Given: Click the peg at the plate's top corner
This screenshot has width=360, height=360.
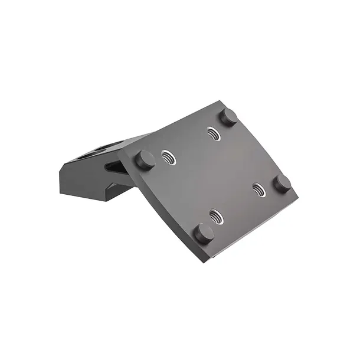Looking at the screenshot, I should pyautogui.click(x=228, y=116).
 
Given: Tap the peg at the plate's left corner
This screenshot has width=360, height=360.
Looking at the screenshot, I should pyautogui.click(x=145, y=160).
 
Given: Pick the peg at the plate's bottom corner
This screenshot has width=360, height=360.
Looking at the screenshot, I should pyautogui.click(x=204, y=233).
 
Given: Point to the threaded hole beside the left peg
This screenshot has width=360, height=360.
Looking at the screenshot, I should pyautogui.click(x=169, y=158).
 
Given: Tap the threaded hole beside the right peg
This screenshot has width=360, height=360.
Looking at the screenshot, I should pyautogui.click(x=258, y=189).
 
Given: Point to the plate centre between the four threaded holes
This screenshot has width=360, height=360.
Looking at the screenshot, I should pyautogui.click(x=214, y=174).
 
